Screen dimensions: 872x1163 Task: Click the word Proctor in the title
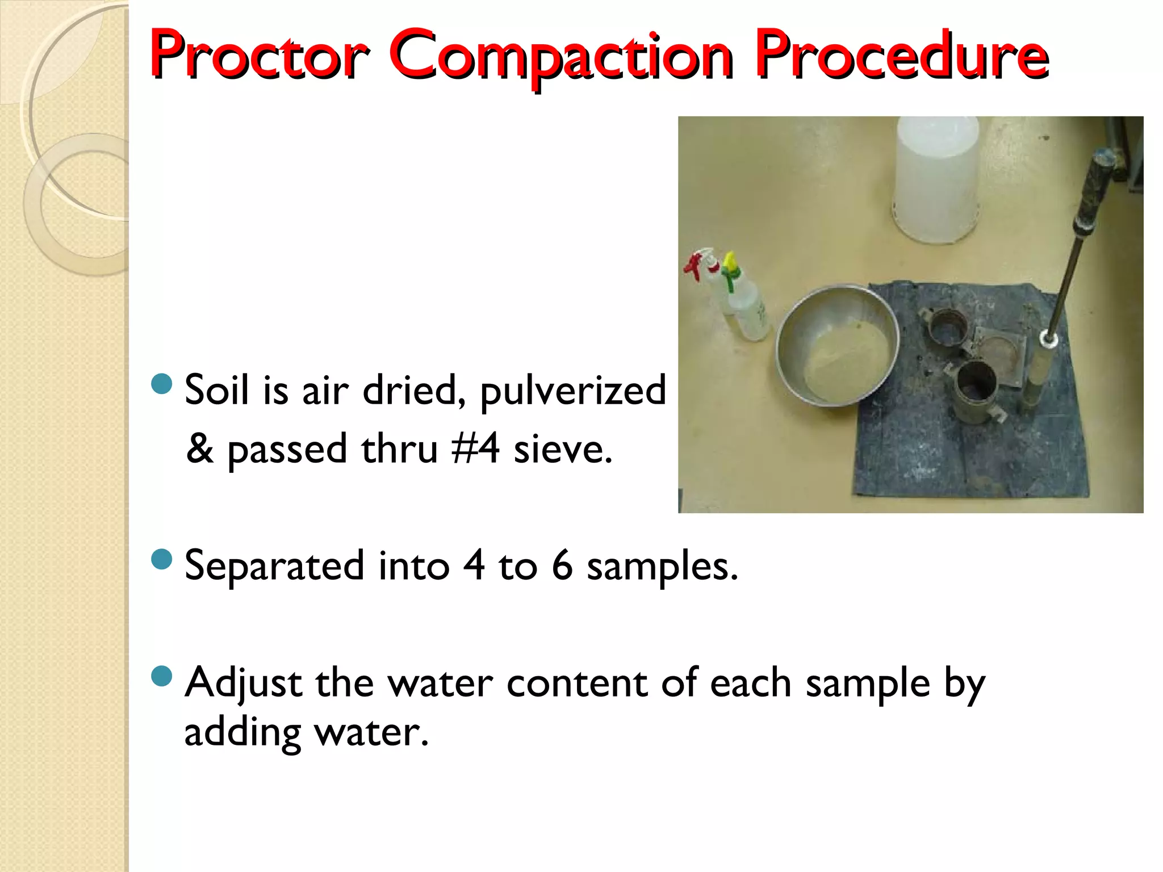point(258,56)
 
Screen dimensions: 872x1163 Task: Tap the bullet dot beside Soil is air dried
point(162,384)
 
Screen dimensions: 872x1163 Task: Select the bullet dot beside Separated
point(162,560)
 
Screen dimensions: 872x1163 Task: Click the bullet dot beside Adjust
point(162,676)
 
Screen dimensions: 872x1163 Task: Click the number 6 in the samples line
point(562,566)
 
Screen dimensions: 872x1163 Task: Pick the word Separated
point(274,566)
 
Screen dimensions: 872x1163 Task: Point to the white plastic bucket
point(937,179)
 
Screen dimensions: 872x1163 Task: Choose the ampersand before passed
point(200,448)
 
